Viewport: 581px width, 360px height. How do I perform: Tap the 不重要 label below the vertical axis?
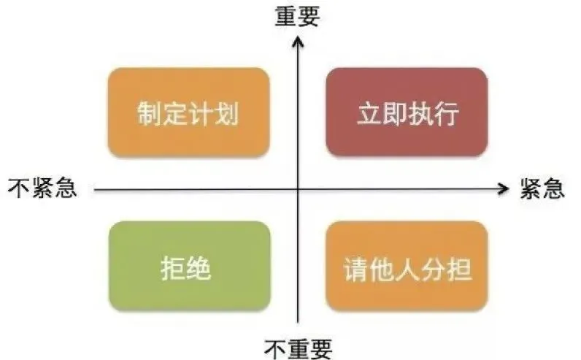coord(298,348)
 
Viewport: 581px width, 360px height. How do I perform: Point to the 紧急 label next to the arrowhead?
coord(542,188)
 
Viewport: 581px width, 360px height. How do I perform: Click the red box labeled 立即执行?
coord(407,112)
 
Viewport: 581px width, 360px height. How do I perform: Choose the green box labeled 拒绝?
coord(190,266)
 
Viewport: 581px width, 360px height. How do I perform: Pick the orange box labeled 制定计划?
coord(188,112)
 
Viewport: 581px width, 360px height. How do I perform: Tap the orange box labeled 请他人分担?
coord(407,266)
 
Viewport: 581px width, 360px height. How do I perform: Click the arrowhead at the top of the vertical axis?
coord(298,39)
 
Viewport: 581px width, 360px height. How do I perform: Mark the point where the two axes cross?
coord(298,189)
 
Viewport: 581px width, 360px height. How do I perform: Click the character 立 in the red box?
coord(369,113)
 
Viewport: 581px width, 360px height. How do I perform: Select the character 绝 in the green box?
coord(199,269)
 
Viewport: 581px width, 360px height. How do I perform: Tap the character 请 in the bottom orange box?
coord(356,269)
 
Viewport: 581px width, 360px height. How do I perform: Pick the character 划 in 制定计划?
coord(226,113)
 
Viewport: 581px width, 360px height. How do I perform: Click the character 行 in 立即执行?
coord(446,113)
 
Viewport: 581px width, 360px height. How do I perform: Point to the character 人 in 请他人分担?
coord(407,269)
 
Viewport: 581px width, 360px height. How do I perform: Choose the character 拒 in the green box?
coord(173,269)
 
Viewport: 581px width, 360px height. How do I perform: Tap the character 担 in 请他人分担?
coord(458,269)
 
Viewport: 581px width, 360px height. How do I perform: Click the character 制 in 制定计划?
coord(150,113)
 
